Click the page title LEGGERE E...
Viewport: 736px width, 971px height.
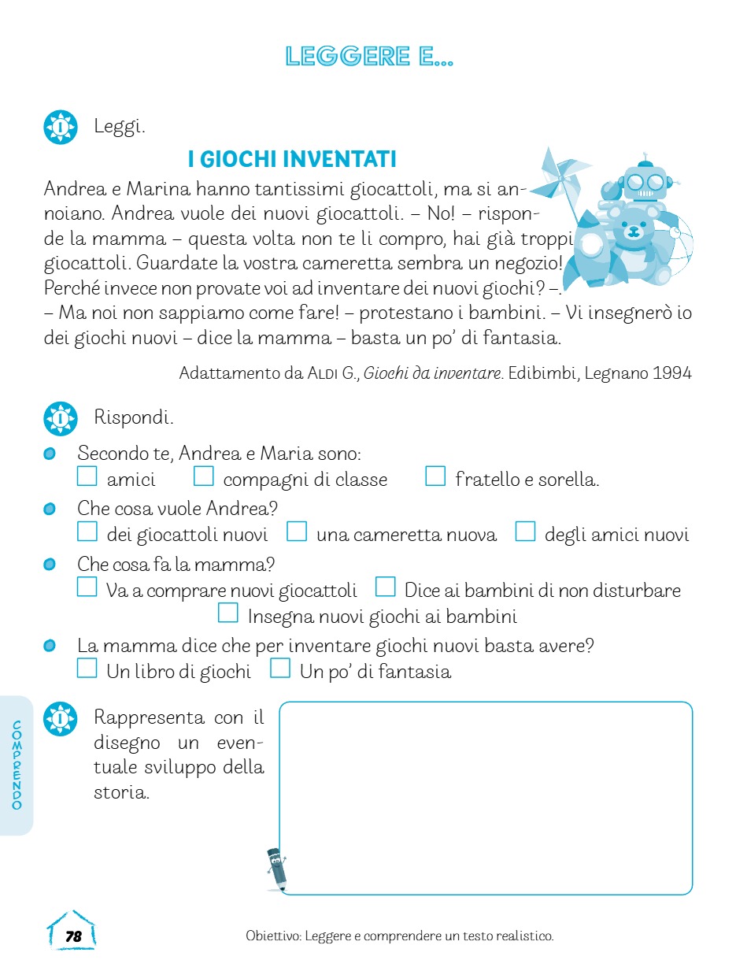click(369, 57)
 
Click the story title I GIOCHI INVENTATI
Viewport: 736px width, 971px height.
click(292, 160)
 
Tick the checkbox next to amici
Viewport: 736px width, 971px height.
click(87, 476)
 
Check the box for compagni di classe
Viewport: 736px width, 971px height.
click(204, 476)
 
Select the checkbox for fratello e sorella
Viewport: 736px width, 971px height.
click(435, 476)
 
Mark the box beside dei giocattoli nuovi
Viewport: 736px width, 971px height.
click(87, 532)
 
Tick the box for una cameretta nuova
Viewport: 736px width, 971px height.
click(297, 532)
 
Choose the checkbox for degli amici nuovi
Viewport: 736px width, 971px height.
click(525, 532)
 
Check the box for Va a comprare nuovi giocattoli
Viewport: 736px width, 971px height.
click(87, 587)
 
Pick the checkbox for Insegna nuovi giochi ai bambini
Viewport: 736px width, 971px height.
click(228, 613)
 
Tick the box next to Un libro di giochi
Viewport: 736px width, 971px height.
click(87, 669)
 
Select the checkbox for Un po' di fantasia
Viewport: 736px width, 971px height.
click(280, 669)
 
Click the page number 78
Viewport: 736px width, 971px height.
click(73, 936)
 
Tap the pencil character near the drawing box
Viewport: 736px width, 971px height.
click(276, 869)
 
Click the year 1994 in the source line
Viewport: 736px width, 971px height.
click(671, 373)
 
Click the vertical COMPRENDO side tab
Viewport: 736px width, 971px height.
click(17, 765)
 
